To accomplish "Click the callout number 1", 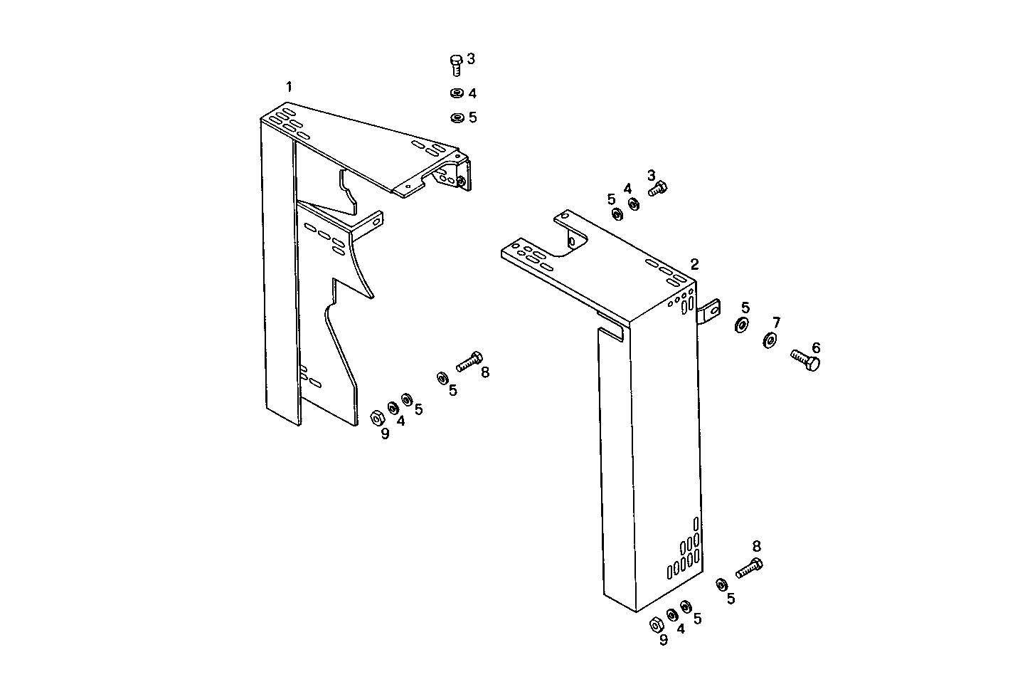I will (x=289, y=87).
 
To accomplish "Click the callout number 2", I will (x=694, y=264).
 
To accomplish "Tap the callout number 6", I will (x=816, y=347).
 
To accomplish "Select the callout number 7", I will (x=776, y=322).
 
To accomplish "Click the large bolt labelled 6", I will (x=805, y=360).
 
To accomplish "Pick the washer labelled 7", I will (x=770, y=340).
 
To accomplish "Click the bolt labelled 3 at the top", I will (x=457, y=64).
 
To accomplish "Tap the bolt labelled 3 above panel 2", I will (x=658, y=189).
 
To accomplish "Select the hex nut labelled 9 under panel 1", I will (x=377, y=417).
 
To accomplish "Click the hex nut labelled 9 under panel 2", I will (x=657, y=624).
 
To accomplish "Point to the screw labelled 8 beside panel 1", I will (x=469, y=362).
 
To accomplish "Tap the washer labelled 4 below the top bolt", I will (x=456, y=93).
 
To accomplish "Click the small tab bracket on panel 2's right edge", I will (x=710, y=312).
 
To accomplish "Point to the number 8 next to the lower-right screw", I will (x=756, y=546).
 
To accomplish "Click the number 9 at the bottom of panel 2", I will (x=663, y=639).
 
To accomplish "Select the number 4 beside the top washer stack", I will (x=472, y=93).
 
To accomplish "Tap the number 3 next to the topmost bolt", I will (x=471, y=58).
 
